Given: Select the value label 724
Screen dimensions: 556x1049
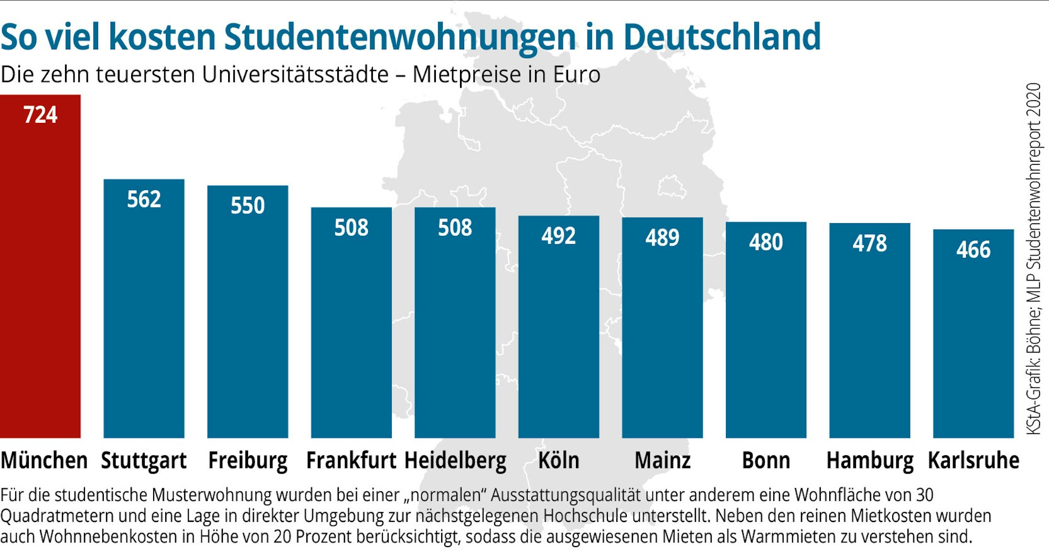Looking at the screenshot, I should click(40, 115).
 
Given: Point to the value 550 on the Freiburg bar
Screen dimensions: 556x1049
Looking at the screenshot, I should click(248, 205).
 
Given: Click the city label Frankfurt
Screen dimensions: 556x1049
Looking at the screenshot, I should click(351, 460).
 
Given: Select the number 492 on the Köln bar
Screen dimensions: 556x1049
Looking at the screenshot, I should click(559, 236).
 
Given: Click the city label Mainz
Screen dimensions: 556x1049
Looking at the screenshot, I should click(662, 460).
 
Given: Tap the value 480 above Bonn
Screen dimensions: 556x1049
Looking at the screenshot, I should click(766, 242).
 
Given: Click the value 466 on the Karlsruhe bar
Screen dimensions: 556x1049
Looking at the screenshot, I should click(973, 249).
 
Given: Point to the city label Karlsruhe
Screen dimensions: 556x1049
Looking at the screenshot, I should click(973, 460).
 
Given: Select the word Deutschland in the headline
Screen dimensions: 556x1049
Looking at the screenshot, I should click(722, 37).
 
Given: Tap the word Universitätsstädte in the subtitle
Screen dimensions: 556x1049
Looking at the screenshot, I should click(295, 75).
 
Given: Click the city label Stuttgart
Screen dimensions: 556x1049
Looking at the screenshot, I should click(144, 460).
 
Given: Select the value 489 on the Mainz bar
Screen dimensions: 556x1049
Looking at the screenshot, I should click(662, 237).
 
